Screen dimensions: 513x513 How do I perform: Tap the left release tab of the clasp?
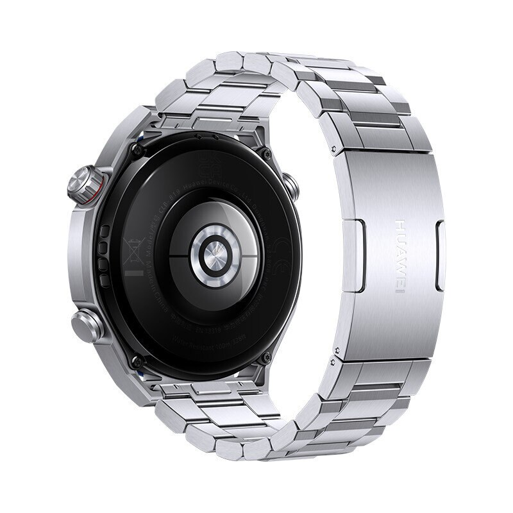pyautogui.click(x=359, y=250)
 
